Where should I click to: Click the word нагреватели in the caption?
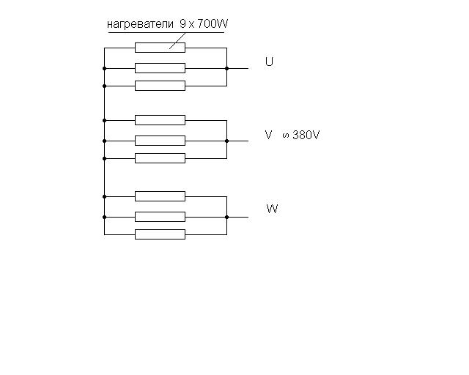pyautogui.click(x=140, y=24)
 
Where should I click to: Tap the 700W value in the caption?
pyautogui.click(x=213, y=23)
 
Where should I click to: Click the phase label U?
pyautogui.click(x=269, y=62)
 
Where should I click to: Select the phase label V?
pyautogui.click(x=269, y=135)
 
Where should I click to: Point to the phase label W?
pyautogui.click(x=272, y=209)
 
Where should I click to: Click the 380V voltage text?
pyautogui.click(x=306, y=135)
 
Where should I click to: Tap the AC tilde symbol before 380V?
pyautogui.click(x=286, y=135)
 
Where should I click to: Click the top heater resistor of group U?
pyautogui.click(x=160, y=48)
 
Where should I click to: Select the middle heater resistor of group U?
pyautogui.click(x=160, y=68)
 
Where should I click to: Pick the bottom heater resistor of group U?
pyautogui.click(x=160, y=86)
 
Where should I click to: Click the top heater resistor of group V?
pyautogui.click(x=160, y=120)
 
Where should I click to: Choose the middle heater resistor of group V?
pyautogui.click(x=160, y=141)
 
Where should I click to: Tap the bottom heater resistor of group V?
pyautogui.click(x=160, y=158)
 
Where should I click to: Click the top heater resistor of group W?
pyautogui.click(x=160, y=196)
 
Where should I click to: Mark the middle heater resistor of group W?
pyautogui.click(x=160, y=217)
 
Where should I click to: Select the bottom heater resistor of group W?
pyautogui.click(x=160, y=234)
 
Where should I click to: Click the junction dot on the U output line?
pyautogui.click(x=226, y=68)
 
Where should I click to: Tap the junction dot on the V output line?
pyautogui.click(x=226, y=141)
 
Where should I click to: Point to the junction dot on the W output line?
pyautogui.click(x=226, y=217)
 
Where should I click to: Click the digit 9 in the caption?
pyautogui.click(x=182, y=23)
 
